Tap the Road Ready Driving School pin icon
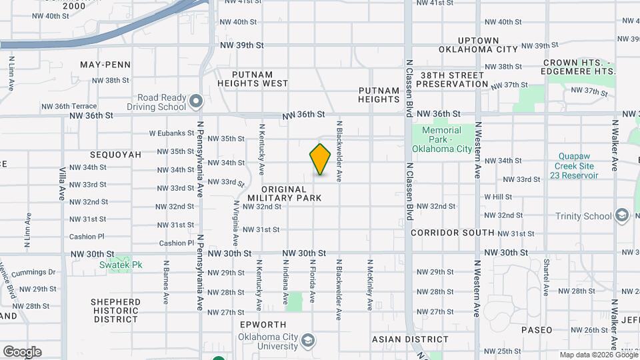195,101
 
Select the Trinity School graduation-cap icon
622,215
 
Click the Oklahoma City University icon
307,342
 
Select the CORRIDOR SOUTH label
453,233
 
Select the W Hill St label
498,197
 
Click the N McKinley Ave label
369,285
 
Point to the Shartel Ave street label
546,277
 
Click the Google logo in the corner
22,351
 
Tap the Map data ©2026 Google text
598,355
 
